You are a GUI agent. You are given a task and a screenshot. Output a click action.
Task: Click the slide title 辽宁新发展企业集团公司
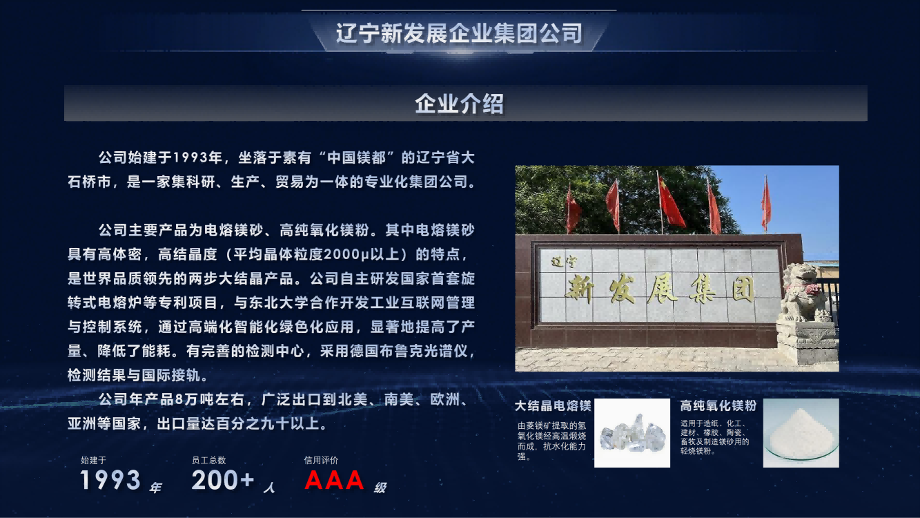459,33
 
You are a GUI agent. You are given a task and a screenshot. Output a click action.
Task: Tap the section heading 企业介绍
459,104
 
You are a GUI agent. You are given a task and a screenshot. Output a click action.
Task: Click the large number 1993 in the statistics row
110,480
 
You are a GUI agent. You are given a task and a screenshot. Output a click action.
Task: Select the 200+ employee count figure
223,480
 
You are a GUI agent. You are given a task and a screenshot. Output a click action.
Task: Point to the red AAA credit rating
334,480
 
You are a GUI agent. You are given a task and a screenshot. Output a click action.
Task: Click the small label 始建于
93,460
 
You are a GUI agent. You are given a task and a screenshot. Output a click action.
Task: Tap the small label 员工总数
208,460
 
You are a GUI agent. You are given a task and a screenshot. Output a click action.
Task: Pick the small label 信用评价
321,460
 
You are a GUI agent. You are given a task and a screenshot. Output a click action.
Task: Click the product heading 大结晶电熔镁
553,406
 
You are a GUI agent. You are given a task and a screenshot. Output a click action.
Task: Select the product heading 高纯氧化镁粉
718,406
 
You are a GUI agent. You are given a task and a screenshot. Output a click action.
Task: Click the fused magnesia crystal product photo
632,433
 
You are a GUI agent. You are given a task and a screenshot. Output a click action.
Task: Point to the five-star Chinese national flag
670,202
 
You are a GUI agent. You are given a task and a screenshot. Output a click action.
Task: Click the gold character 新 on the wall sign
579,290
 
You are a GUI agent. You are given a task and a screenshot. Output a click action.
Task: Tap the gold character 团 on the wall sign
743,289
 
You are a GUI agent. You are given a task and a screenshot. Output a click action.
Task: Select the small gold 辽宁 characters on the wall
563,262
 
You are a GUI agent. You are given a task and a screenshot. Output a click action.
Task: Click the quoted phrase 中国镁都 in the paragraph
357,157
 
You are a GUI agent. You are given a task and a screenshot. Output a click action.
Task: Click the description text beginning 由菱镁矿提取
551,441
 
